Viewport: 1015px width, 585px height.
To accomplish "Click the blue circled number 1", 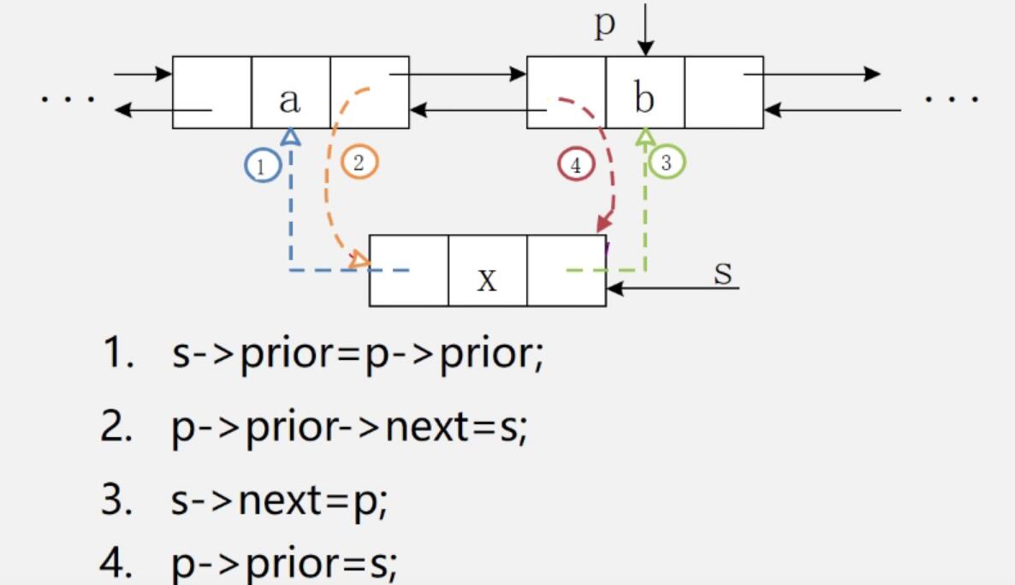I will (x=262, y=165).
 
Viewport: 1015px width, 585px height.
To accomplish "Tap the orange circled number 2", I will (x=359, y=162).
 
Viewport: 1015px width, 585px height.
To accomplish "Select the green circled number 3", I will (x=667, y=162).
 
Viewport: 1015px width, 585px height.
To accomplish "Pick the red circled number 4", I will (x=576, y=165).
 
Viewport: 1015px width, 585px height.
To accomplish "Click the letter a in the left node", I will (x=290, y=100).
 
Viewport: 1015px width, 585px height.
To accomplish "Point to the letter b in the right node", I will (x=644, y=98).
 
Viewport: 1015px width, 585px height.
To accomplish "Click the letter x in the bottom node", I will (x=487, y=279).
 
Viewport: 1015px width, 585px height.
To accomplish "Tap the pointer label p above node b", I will (x=605, y=24).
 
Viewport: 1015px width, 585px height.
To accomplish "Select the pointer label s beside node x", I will (x=723, y=273).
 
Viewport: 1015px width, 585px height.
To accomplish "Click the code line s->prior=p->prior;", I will (x=357, y=352).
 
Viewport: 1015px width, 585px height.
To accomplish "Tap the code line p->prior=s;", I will (x=284, y=564).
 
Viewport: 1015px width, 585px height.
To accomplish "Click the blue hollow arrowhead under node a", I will (x=291, y=135).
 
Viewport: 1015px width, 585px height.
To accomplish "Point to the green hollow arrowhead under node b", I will (x=645, y=135).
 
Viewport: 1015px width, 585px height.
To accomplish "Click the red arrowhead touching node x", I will (x=604, y=223).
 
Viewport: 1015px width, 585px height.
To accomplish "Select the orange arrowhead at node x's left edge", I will (x=360, y=260).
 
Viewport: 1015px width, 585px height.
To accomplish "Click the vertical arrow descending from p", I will (x=644, y=30).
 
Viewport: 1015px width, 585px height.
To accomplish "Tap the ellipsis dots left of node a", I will (x=68, y=97).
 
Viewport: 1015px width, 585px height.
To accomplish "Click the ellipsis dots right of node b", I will (x=951, y=97).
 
